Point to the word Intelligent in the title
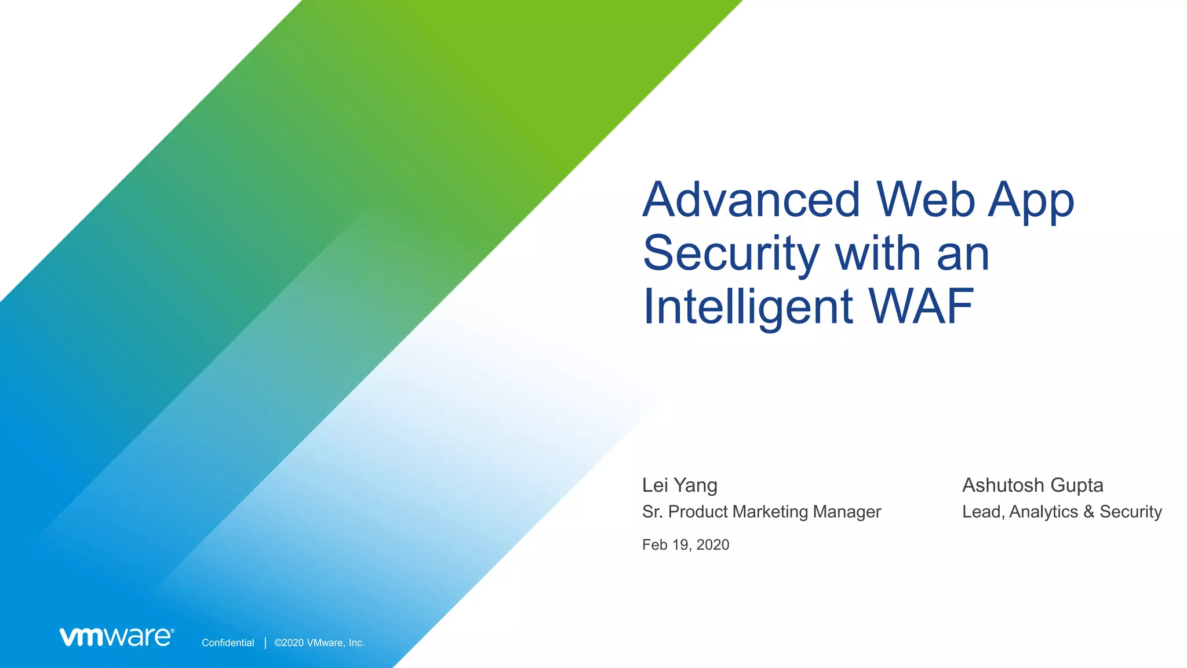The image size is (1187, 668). (748, 307)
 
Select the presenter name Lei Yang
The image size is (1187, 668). (679, 485)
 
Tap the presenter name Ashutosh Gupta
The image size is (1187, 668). (1032, 485)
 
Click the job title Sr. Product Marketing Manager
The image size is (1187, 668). (761, 511)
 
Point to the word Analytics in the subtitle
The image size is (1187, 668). (1043, 511)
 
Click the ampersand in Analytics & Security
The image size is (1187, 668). (1088, 511)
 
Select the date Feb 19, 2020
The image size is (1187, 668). (685, 544)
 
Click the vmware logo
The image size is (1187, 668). (116, 637)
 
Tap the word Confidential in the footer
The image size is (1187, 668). (228, 642)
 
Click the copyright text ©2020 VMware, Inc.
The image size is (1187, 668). (319, 642)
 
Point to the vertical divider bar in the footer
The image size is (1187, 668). (265, 642)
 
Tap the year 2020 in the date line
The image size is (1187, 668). (712, 544)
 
